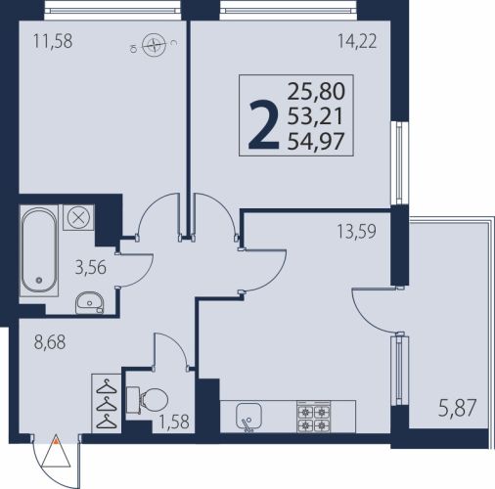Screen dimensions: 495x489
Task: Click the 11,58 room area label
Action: pos(53,42)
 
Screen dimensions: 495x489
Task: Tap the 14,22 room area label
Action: pos(357,42)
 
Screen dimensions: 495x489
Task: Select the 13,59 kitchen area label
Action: pos(356,232)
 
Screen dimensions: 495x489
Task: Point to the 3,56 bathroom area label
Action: pos(91,268)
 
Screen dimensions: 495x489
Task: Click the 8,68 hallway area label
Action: pos(50,342)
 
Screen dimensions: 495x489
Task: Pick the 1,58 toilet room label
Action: pos(174,422)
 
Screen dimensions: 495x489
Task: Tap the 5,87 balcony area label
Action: pos(458,408)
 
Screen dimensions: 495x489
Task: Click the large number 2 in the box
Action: pos(264,125)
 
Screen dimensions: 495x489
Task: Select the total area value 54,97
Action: pos(316,142)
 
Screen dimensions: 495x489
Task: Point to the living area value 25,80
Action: pos(316,92)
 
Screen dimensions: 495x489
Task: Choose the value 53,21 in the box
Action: pos(315,116)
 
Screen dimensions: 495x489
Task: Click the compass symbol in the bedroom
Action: pos(154,45)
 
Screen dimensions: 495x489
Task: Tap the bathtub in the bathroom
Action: pos(39,250)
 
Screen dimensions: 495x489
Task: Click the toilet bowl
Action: pos(148,400)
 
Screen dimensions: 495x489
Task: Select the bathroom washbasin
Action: pos(90,302)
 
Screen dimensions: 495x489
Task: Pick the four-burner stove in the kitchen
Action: pos(313,417)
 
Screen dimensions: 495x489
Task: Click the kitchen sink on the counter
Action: pos(248,417)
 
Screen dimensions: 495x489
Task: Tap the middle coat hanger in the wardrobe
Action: pos(107,405)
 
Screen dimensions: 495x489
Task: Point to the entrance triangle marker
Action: pos(56,451)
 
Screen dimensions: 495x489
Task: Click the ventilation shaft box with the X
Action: pos(78,217)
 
